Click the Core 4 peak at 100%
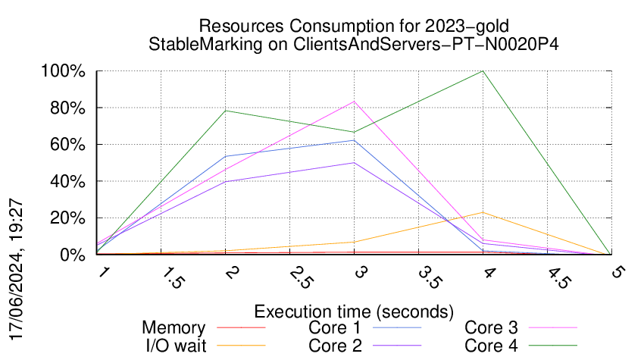coord(483,71)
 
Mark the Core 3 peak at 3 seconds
coord(354,102)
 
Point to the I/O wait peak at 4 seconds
coord(483,212)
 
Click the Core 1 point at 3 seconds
coord(354,140)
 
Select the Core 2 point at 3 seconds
coord(354,162)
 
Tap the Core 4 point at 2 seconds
coord(226,111)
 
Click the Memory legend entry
coord(174,328)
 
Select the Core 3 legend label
coord(491,328)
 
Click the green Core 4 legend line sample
coord(552,346)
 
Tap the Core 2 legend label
coord(334,346)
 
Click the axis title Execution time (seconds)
coord(354,311)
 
